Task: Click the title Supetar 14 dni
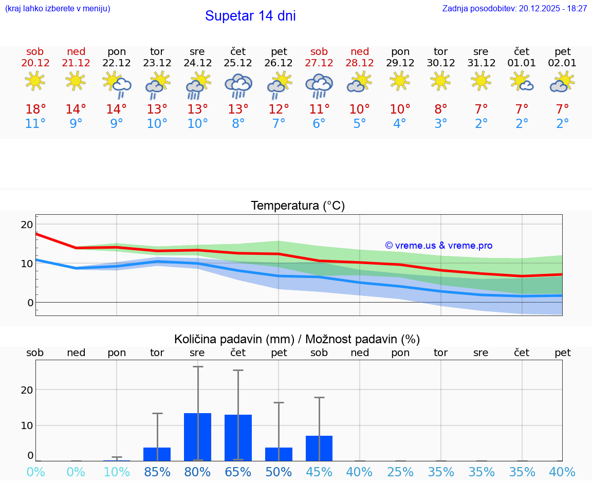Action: point(250,16)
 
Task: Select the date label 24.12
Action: point(197,63)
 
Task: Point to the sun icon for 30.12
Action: point(440,81)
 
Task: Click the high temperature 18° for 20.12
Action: point(35,109)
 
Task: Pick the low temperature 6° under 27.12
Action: point(319,124)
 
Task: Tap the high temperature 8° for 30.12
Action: point(440,109)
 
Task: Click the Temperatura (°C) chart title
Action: point(298,206)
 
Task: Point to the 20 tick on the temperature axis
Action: point(27,225)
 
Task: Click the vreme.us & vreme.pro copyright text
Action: point(438,246)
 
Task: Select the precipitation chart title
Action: point(297,339)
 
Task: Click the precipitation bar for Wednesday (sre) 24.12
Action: point(197,437)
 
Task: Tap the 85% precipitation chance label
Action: point(157,472)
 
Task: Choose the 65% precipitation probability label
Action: point(238,472)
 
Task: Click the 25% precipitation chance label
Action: point(400,472)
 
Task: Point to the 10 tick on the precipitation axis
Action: point(27,425)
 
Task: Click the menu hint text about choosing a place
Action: point(58,9)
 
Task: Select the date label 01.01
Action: point(522,63)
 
